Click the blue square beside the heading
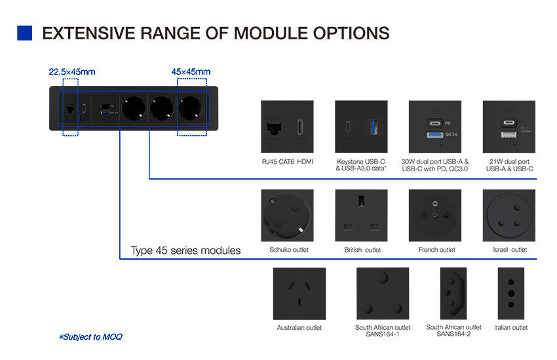24,33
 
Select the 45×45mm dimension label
191,71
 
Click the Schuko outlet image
287,216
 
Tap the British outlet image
361,216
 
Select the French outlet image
435,216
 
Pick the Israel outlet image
509,216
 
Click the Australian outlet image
299,293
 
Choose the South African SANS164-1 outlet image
382,293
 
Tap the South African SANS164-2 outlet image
453,293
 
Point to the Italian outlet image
510,293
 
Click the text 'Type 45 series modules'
185,250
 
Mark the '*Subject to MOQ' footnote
90,337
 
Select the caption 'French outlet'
436,250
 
